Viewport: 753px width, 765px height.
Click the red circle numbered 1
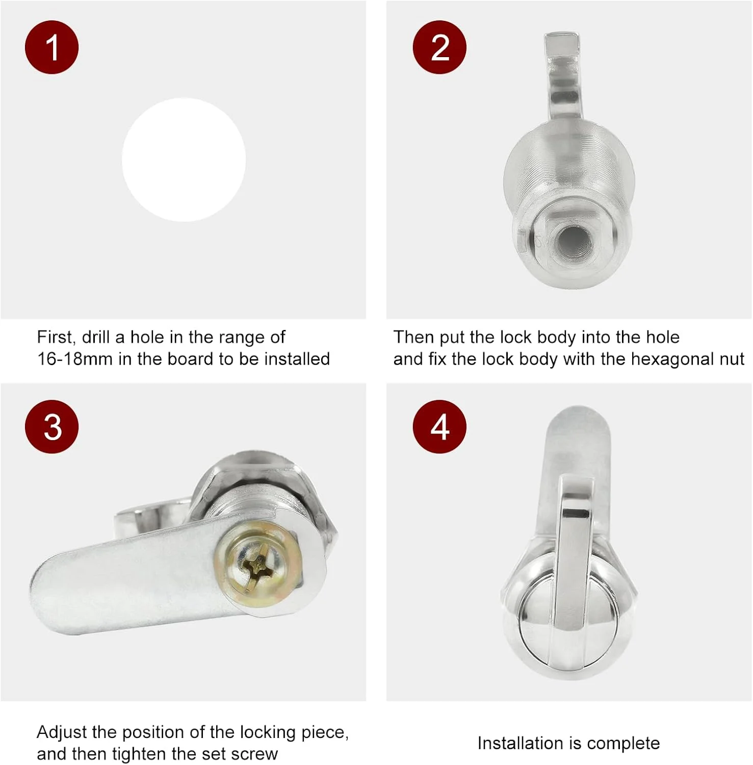tap(51, 47)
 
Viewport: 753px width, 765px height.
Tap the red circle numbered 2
tap(439, 47)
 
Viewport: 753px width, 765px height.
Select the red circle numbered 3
tap(51, 427)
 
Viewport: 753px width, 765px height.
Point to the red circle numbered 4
tap(439, 427)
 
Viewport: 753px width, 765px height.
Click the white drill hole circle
tap(184, 160)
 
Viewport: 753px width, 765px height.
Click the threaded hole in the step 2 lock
tap(573, 241)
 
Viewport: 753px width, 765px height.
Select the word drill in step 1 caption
tap(96, 338)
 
